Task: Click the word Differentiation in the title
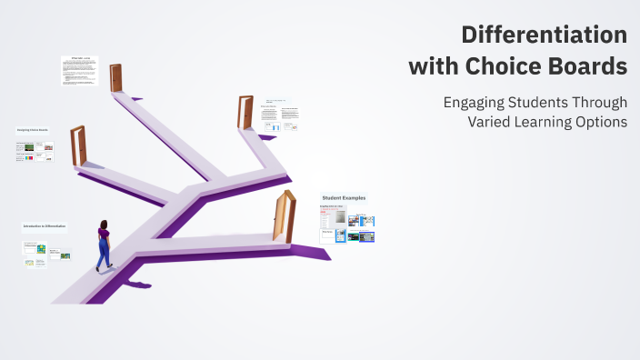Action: pyautogui.click(x=544, y=35)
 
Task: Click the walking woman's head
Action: pyautogui.click(x=104, y=225)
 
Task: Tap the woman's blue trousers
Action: pyautogui.click(x=104, y=249)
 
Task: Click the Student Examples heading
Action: pyautogui.click(x=344, y=198)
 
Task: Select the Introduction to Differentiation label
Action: pyautogui.click(x=45, y=226)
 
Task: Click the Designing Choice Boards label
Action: pyautogui.click(x=33, y=130)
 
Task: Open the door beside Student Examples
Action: pyautogui.click(x=285, y=216)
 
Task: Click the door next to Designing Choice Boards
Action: pyautogui.click(x=77, y=145)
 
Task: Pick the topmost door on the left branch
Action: pyautogui.click(x=115, y=77)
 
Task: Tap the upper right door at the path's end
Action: pyautogui.click(x=245, y=112)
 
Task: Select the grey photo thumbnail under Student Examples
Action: pyautogui.click(x=339, y=218)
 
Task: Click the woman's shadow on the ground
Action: pyautogui.click(x=135, y=285)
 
